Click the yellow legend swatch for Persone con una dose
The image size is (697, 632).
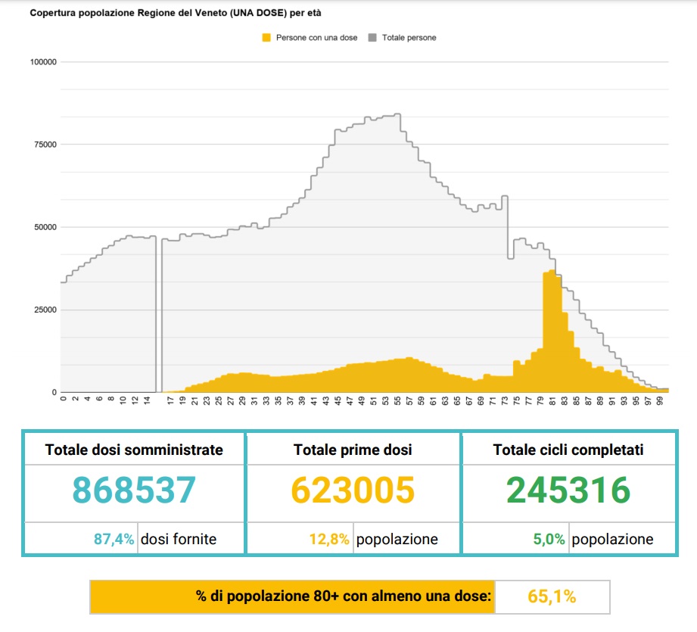[266, 37]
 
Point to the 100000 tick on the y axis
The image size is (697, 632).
[43, 62]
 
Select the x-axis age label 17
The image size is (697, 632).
[171, 400]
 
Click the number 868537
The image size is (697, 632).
[134, 490]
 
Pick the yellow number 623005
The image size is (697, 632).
[353, 490]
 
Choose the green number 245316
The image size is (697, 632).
[568, 490]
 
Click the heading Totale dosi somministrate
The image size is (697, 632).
[134, 450]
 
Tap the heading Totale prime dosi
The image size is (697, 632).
[353, 450]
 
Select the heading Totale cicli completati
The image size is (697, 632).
[568, 450]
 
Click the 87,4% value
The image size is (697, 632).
[114, 540]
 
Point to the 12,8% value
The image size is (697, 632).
[329, 540]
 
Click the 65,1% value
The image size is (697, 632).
[552, 596]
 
